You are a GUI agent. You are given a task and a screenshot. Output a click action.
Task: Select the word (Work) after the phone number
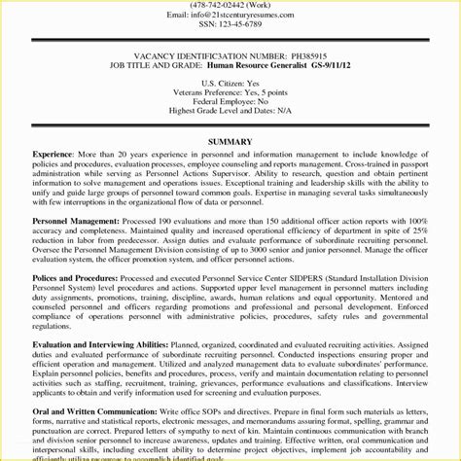point(287,5)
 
